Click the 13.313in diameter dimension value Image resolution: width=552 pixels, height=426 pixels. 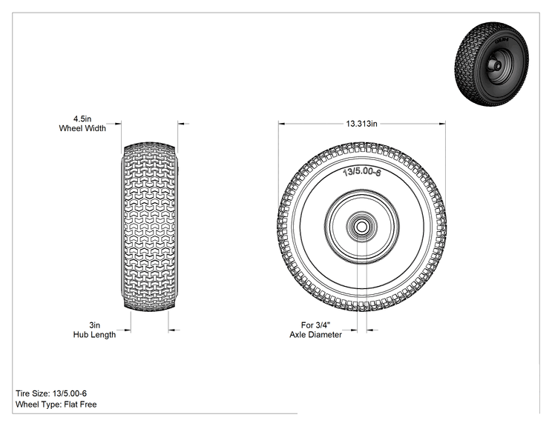click(x=361, y=124)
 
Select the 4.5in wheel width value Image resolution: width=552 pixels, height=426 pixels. click(x=82, y=119)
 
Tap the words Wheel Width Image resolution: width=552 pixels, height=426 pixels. click(x=82, y=128)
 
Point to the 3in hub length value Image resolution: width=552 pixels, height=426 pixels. click(x=94, y=325)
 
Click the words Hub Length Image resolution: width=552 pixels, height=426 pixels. click(x=94, y=335)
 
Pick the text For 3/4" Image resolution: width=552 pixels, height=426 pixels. click(x=316, y=325)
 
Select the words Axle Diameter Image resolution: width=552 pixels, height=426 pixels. click(x=316, y=335)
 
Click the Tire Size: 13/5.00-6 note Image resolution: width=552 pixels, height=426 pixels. click(x=51, y=393)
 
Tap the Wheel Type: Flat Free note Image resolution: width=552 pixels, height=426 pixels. click(x=56, y=405)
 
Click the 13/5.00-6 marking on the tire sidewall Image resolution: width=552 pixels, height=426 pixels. click(x=362, y=172)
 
